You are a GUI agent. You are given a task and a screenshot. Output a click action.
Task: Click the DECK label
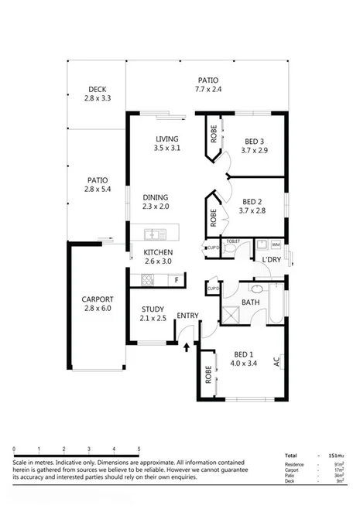[97, 89]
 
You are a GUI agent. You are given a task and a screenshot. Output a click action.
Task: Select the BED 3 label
[254, 141]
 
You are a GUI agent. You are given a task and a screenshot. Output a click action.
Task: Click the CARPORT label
[98, 299]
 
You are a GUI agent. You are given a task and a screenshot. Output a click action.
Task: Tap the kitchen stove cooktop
[146, 281]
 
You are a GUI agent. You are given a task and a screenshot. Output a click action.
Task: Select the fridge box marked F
[177, 279]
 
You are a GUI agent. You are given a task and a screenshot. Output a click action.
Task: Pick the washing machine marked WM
[276, 245]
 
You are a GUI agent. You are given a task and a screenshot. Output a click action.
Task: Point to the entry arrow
[186, 347]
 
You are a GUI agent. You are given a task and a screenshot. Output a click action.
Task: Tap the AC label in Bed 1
[276, 361]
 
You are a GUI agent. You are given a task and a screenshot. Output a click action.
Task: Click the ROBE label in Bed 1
[208, 374]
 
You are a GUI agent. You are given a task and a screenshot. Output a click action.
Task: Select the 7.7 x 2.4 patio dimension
[207, 90]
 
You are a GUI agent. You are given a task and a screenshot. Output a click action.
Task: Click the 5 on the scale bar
[139, 449]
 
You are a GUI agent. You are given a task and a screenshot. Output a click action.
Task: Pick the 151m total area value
[334, 456]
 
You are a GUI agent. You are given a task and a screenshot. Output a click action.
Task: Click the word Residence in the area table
[295, 465]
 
